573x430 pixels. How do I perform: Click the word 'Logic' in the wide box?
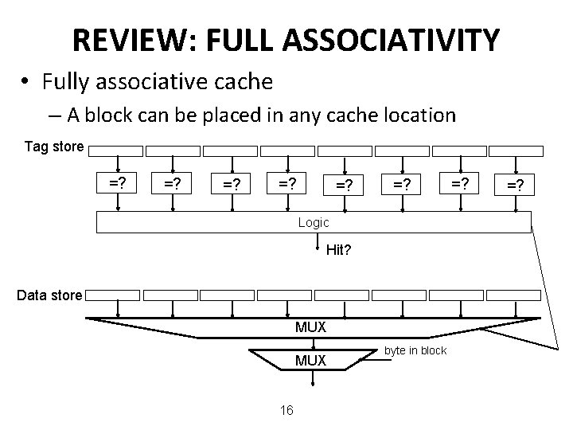[314, 222]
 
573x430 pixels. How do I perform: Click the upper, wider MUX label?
[310, 327]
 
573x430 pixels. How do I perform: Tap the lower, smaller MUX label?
[310, 361]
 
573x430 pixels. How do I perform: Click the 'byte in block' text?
[415, 350]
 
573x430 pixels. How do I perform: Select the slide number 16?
[286, 410]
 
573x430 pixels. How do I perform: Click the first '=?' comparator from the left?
[119, 184]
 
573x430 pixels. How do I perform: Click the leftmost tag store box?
[116, 150]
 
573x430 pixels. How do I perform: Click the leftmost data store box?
[112, 295]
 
